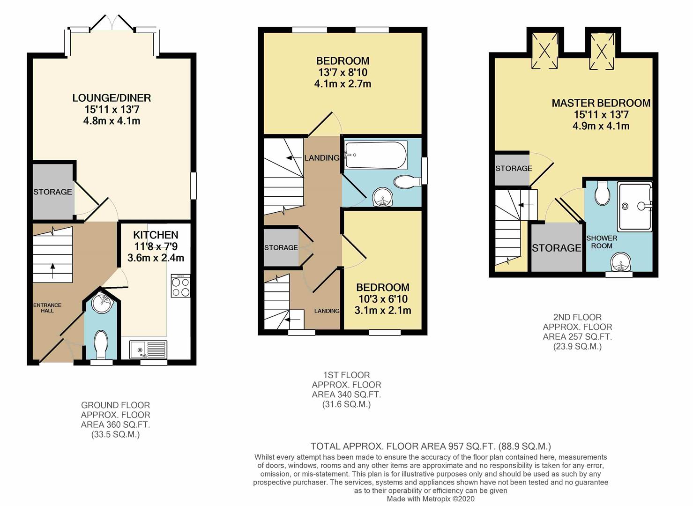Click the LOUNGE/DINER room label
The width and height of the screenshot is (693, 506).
coord(112,98)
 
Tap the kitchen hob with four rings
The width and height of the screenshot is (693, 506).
coord(181,286)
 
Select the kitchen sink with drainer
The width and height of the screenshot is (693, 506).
coord(149,350)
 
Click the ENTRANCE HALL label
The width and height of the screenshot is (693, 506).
coord(47,308)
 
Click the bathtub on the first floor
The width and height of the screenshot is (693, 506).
coord(376,155)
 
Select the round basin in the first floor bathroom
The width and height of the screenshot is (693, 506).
coord(383,197)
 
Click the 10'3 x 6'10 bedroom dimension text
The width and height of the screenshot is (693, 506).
coord(383,299)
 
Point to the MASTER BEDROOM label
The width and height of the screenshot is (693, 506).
coord(601,103)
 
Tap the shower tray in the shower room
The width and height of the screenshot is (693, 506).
coord(635,206)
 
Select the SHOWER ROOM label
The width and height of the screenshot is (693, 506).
coord(602,242)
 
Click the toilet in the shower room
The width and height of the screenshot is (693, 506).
coord(603,193)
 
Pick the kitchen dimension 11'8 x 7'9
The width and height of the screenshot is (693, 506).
coord(156,246)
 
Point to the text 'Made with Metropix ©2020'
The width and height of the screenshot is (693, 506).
coord(430,499)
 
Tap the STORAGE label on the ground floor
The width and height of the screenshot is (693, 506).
coord(52,192)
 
